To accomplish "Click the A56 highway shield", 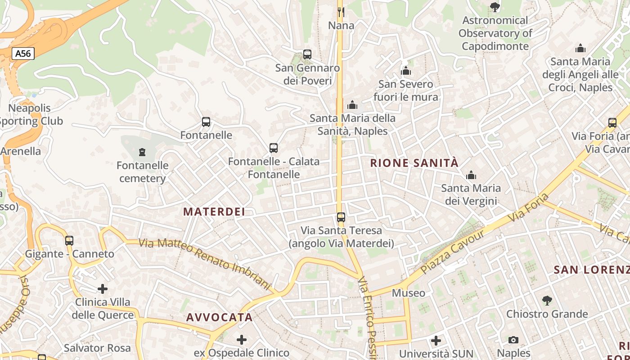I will (23, 54).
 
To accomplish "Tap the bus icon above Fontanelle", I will (206, 122).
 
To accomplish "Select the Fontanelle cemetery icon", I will (143, 152).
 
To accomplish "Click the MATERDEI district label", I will (214, 211).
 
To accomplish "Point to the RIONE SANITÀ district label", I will (414, 163).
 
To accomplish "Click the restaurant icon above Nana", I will (341, 12).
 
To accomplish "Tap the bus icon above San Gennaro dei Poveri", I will (307, 54).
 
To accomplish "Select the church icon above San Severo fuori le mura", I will (406, 71).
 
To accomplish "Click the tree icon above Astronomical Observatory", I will (495, 7).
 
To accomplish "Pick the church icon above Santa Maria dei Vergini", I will (471, 175).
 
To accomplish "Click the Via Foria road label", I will (529, 208).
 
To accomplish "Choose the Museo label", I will (409, 293).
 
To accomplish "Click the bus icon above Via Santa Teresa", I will (341, 217).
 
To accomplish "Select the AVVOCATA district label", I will (220, 317).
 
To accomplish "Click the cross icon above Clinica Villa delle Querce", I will (103, 288).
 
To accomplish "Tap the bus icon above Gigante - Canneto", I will (69, 240).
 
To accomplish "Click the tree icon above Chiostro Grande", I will (547, 300).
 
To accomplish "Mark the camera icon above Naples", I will (513, 340).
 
